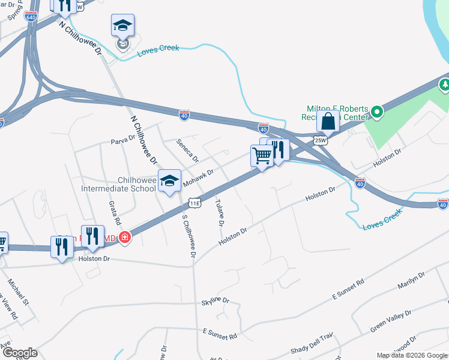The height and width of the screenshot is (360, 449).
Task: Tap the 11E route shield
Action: tap(194, 203)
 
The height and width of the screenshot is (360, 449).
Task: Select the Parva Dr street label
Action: tap(124, 141)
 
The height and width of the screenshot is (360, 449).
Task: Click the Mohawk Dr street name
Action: tap(199, 177)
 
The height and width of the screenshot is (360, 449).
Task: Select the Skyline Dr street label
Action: tap(215, 300)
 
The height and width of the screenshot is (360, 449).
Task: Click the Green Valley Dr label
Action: tap(391, 321)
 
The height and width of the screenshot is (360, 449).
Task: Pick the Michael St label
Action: tap(19, 290)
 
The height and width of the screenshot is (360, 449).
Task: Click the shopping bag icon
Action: tap(328, 121)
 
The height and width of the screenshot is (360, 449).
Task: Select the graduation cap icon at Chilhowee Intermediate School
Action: tap(169, 180)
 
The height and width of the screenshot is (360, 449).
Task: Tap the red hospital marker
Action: tap(125, 238)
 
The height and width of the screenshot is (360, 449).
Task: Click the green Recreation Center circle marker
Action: tap(376, 112)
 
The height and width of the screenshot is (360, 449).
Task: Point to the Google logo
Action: tap(20, 353)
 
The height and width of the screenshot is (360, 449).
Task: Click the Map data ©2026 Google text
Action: tap(411, 355)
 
